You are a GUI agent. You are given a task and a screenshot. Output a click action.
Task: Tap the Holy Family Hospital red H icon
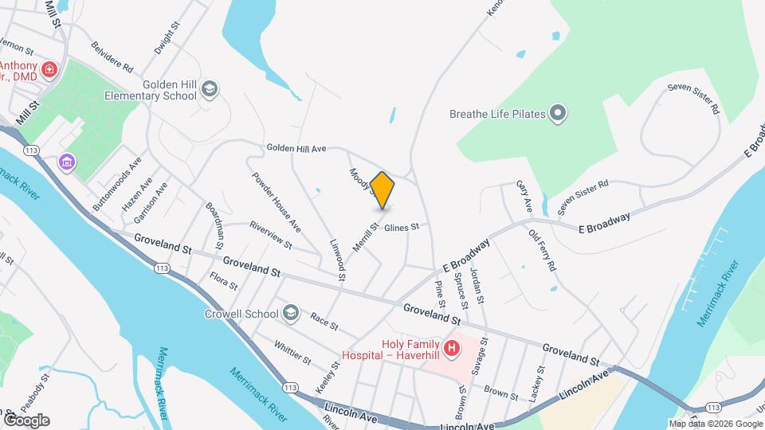(x=452, y=348)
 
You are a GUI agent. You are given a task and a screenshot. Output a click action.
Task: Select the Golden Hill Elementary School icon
(x=210, y=88)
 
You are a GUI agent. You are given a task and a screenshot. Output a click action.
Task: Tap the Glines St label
(x=402, y=228)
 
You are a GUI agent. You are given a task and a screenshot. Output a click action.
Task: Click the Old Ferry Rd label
(x=542, y=251)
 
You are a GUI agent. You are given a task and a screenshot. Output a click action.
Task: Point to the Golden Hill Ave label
(x=296, y=148)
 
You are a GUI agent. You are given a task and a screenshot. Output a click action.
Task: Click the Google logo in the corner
(x=26, y=420)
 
